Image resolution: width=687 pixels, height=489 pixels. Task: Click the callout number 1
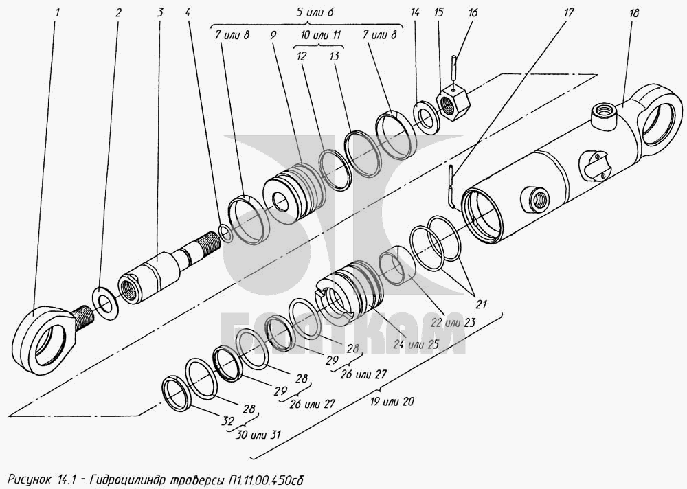point(57,12)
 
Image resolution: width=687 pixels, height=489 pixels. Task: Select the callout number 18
point(633,13)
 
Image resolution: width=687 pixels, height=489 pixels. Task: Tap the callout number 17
point(568,13)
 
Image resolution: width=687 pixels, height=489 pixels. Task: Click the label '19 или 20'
point(392,401)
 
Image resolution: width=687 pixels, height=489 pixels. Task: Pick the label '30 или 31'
point(258,435)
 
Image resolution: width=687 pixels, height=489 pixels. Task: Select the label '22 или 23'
point(453,323)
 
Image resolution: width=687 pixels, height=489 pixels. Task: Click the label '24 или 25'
point(416,344)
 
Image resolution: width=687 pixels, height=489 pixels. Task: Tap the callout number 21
point(482,303)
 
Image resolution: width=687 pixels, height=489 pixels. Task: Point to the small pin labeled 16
point(454,65)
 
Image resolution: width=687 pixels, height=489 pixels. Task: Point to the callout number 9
point(273,36)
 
